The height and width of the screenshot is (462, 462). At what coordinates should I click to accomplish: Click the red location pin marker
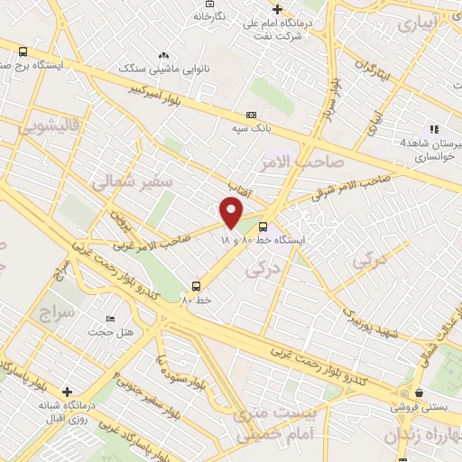coord(232,214)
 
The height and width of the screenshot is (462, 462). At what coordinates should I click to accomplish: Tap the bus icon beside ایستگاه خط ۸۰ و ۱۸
coord(263,226)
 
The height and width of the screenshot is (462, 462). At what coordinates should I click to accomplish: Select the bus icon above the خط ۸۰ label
coord(197,283)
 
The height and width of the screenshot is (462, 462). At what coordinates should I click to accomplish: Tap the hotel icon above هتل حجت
coord(111,319)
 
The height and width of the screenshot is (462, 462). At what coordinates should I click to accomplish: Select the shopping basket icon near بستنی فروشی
coord(420,393)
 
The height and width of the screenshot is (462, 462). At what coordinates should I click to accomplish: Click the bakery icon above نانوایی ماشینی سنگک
coord(163,56)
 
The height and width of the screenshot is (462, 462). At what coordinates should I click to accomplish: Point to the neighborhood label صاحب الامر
coord(308,162)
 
